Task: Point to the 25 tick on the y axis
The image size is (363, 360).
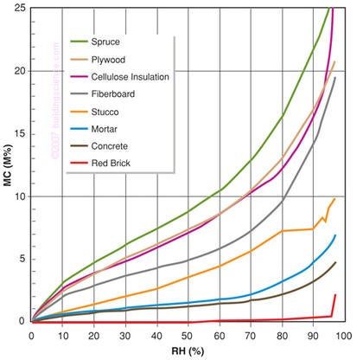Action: [22, 8]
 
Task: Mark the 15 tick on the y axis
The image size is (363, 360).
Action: [22, 133]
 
